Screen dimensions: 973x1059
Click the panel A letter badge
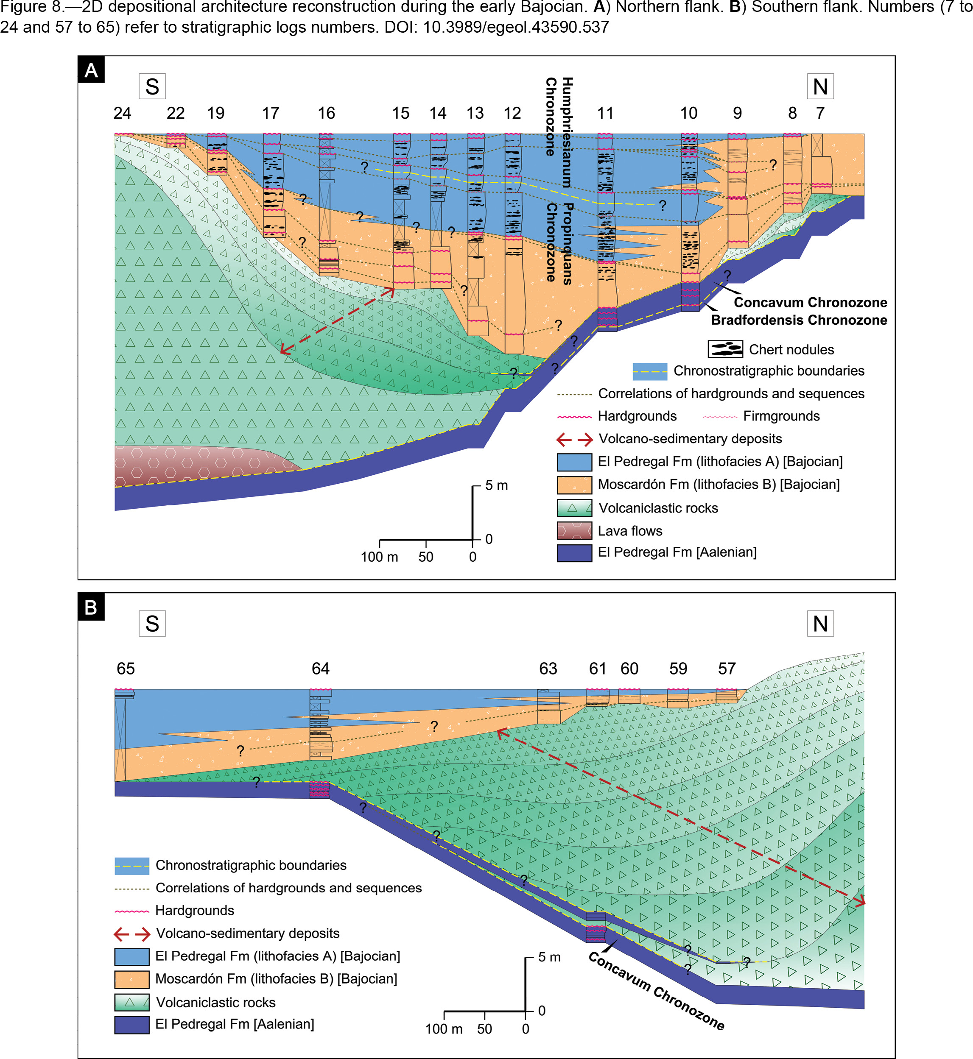91,70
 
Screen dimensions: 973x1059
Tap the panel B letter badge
91,607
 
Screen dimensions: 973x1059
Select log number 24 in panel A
122,113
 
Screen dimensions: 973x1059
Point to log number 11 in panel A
605,113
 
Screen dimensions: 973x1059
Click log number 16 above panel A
327,113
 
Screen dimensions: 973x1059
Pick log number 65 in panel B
126,669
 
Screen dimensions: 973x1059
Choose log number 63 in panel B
548,669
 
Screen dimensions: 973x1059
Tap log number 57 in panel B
727,669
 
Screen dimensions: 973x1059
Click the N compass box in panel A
820,86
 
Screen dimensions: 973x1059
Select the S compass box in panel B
152,624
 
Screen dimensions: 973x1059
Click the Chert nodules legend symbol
725,349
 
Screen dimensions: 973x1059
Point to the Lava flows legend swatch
574,530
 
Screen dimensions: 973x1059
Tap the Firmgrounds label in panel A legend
781,416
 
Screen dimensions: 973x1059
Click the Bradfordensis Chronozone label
799,320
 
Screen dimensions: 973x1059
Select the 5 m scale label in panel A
497,485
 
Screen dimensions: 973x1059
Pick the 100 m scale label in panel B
444,1029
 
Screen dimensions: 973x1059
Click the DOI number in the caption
516,27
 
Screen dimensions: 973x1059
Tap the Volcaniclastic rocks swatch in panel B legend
131,1002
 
